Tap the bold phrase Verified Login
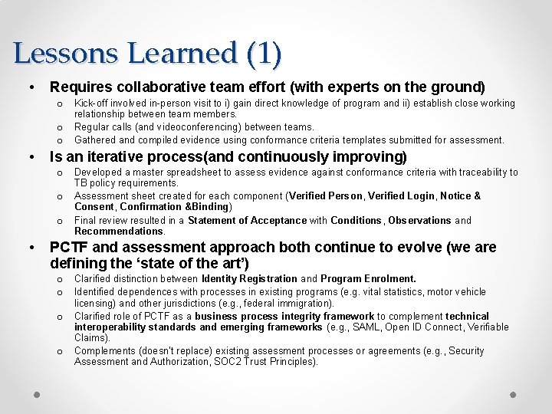coord(398,196)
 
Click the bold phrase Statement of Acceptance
coord(247,221)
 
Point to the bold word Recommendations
coord(119,232)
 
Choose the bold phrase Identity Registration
coord(249,279)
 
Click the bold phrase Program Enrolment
coord(368,279)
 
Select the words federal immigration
coord(264,304)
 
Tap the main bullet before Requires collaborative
coord(31,87)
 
